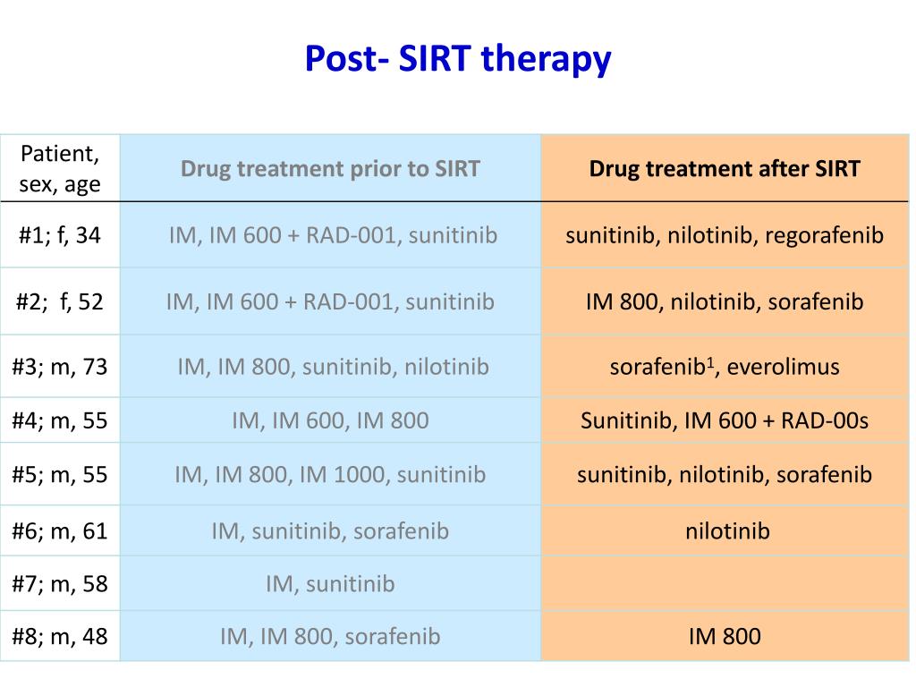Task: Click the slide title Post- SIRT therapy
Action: click(457, 59)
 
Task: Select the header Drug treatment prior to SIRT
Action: click(330, 169)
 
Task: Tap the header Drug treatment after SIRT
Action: click(725, 169)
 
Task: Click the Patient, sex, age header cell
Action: click(59, 169)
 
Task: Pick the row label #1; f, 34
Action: click(59, 235)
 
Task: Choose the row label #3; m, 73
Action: click(59, 366)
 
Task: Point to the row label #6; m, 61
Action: click(59, 530)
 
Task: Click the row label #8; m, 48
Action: click(59, 636)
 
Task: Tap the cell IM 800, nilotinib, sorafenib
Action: click(725, 301)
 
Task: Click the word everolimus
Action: click(784, 367)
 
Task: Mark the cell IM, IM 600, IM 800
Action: click(330, 420)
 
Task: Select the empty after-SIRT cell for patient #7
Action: click(725, 584)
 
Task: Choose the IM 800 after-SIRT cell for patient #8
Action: click(725, 637)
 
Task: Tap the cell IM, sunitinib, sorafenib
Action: click(330, 531)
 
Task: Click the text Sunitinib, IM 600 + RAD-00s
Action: click(725, 420)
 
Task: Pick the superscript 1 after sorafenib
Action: click(712, 360)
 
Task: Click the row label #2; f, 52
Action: click(59, 301)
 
